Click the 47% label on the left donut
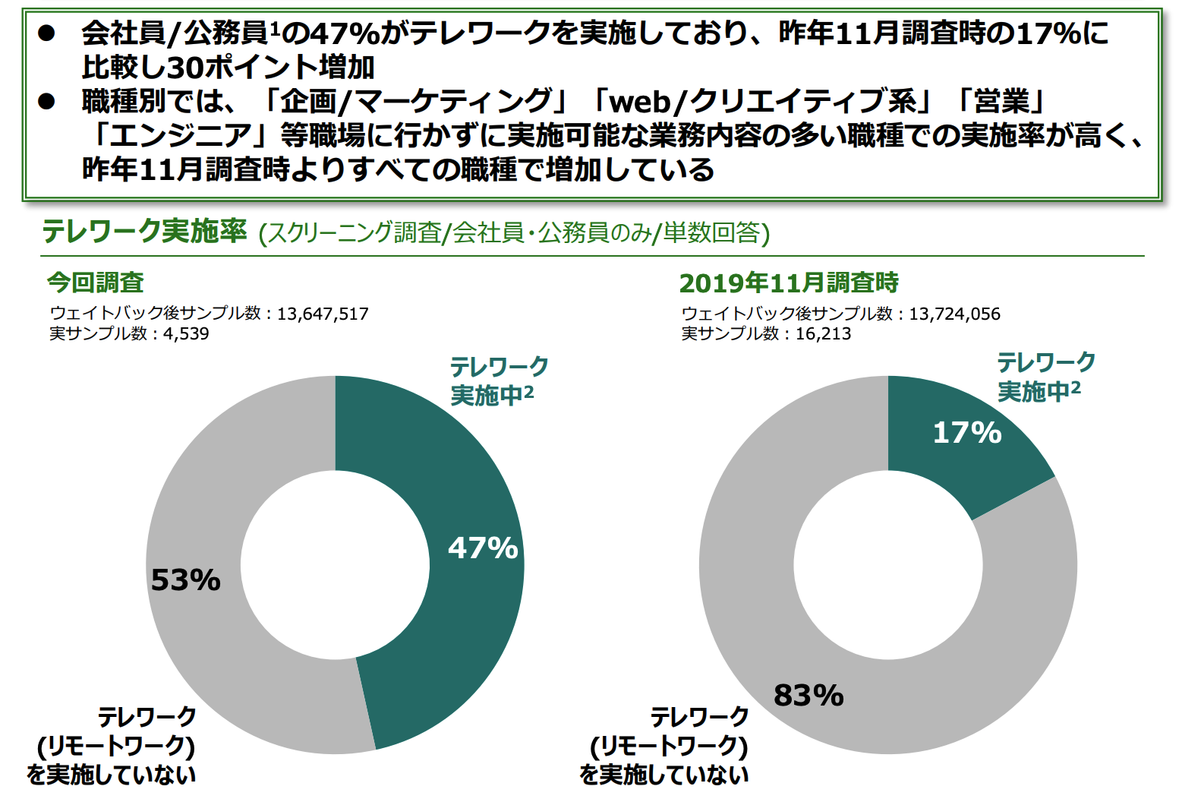483,548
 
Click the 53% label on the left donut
186,580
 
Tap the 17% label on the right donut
967,433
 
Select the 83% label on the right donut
808,695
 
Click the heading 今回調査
96,283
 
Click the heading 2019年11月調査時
789,283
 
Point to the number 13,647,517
323,314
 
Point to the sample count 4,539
186,333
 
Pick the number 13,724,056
954,314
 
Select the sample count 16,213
823,333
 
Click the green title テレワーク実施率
144,232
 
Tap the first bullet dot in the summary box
47,33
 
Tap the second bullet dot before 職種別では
47,101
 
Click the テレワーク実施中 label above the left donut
498,380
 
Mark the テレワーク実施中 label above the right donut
1045,377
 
